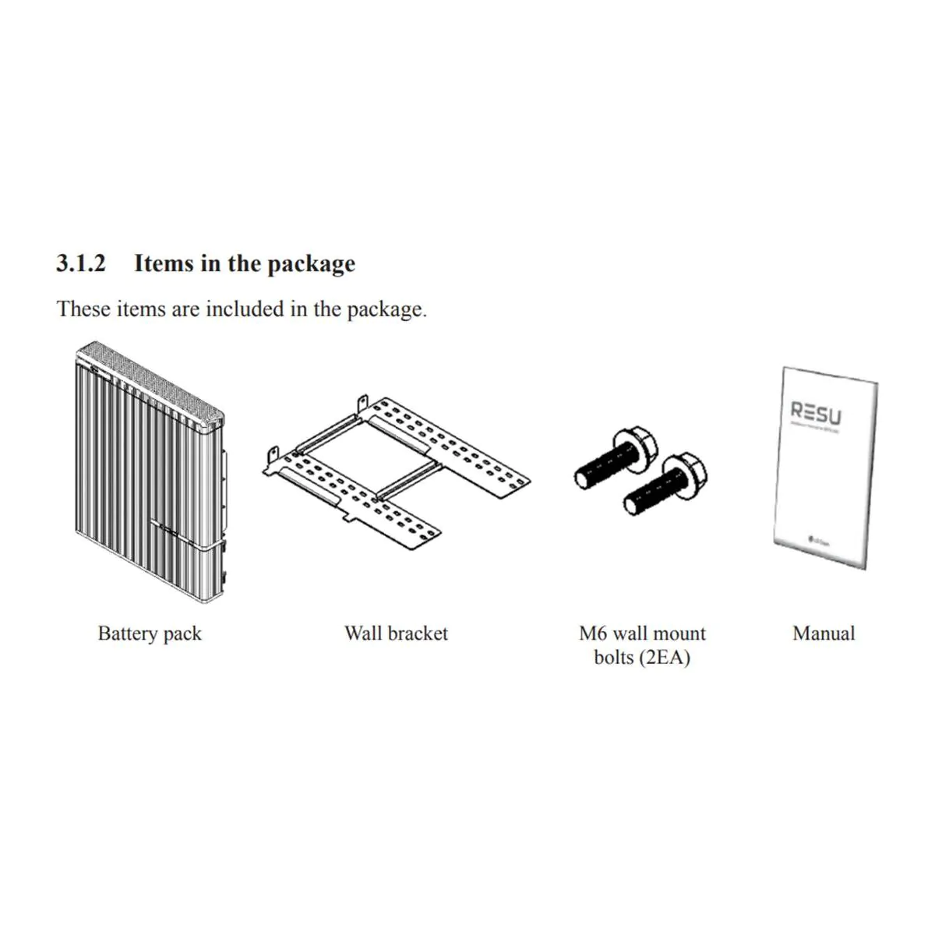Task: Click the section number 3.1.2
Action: (x=80, y=263)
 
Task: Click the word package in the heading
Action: (x=311, y=264)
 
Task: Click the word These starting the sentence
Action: (x=83, y=309)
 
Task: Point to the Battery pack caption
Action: (x=150, y=633)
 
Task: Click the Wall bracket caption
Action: (x=396, y=633)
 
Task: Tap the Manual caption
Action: (x=824, y=633)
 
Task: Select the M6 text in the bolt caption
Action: (x=593, y=633)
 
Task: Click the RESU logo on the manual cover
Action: (x=816, y=411)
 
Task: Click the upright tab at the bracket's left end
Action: (x=273, y=455)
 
